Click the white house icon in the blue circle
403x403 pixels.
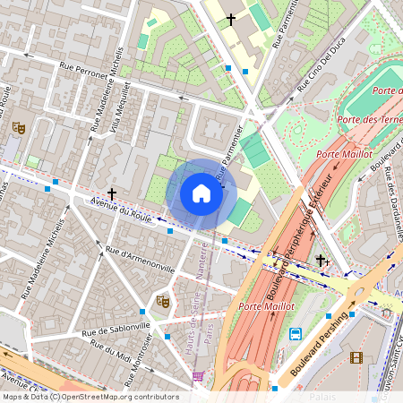(x=201, y=193)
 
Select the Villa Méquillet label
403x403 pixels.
(x=121, y=107)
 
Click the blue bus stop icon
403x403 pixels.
(x=296, y=334)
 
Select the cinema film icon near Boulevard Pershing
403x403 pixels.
(x=358, y=358)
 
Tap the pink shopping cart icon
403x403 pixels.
(x=198, y=375)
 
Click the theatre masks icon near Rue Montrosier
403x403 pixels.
(x=162, y=302)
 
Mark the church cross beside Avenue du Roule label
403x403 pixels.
(x=112, y=193)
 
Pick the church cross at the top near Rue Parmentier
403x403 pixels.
(x=230, y=18)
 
